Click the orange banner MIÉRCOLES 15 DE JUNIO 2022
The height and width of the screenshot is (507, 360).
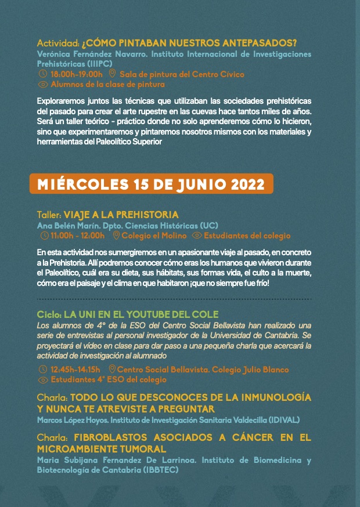point(151,184)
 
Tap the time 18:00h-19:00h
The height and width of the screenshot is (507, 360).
point(76,74)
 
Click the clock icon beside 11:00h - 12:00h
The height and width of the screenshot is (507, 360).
point(44,236)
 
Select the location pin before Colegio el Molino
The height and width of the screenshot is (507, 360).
point(116,236)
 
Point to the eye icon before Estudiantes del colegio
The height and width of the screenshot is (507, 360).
point(197,236)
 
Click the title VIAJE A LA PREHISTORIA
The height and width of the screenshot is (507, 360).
point(121,215)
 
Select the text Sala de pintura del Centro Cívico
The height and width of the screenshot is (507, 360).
point(182,74)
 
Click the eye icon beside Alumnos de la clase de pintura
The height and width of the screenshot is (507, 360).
point(42,84)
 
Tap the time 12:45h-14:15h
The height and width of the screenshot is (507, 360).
point(75,370)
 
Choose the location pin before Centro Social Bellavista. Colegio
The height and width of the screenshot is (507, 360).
point(111,370)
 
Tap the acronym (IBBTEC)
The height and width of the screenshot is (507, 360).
point(159,470)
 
